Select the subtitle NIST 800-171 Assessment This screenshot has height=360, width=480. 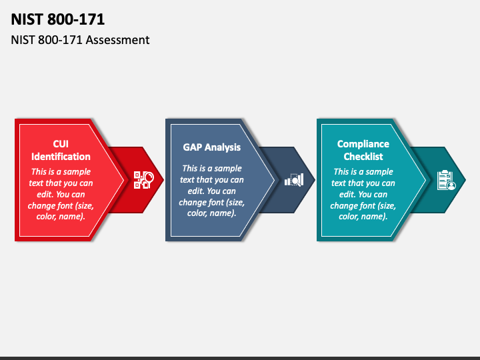80,40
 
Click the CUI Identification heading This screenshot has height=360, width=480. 61,150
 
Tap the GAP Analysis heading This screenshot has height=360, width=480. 212,147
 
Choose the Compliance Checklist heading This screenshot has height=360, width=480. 363,150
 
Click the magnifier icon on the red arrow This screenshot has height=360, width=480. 144,180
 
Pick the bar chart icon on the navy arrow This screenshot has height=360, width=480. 294,180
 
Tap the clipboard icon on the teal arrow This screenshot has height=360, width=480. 445,180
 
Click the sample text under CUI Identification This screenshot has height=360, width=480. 61,193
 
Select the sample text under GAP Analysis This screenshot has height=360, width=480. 212,191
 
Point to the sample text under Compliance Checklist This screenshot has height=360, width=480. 363,193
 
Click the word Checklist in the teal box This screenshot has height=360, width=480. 363,157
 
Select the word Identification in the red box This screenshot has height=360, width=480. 61,157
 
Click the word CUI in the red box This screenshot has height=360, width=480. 61,144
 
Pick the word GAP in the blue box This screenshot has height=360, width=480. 193,147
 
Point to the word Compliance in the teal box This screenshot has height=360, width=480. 363,144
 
